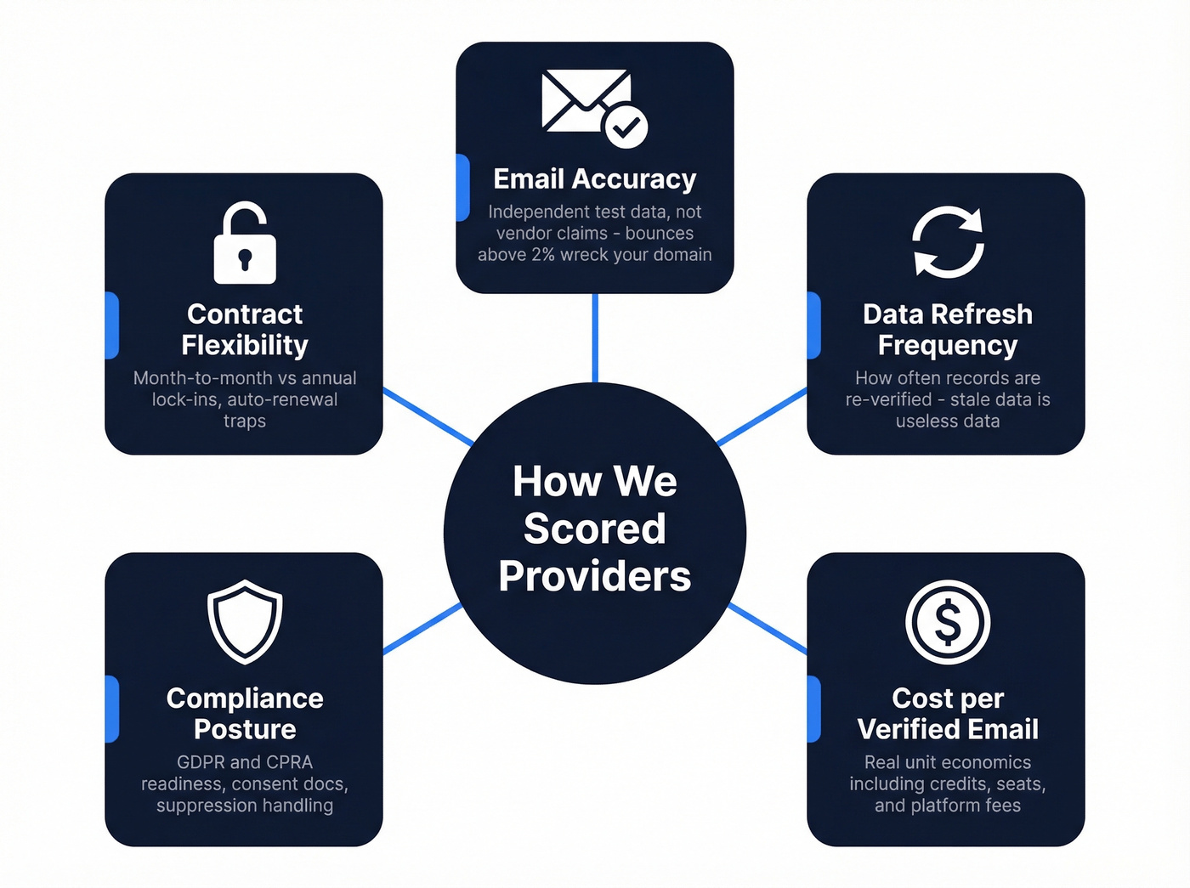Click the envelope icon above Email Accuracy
click(586, 100)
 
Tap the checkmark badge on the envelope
click(626, 127)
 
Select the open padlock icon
click(245, 244)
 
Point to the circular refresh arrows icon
click(948, 242)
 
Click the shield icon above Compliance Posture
click(245, 621)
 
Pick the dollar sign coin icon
click(948, 622)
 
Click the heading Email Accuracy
click(594, 179)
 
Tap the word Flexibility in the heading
click(245, 345)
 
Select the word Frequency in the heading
click(948, 345)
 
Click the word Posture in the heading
click(245, 729)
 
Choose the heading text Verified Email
click(948, 729)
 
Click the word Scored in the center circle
click(594, 529)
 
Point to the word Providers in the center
click(594, 576)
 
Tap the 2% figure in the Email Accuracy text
click(543, 255)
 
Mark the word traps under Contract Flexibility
click(245, 421)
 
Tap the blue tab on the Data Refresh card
click(814, 325)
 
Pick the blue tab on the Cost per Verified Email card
click(814, 709)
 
